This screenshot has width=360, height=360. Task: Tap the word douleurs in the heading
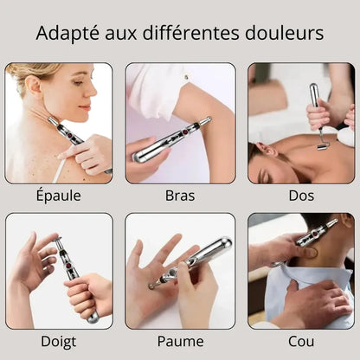284,33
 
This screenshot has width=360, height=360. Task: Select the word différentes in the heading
190,33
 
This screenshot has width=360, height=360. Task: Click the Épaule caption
59,196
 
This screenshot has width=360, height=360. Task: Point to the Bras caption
180,196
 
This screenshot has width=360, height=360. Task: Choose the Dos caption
301,196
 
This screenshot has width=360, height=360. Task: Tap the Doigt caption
59,342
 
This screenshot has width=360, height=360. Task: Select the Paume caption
181,342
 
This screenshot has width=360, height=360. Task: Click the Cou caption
301,342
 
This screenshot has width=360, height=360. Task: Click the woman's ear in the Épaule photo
35,86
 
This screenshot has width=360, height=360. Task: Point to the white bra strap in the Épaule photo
59,172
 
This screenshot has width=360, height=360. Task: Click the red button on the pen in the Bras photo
185,132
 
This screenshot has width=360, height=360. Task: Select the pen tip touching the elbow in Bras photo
209,119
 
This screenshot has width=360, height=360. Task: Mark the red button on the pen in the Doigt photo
68,265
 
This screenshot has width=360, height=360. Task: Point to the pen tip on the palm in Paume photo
151,286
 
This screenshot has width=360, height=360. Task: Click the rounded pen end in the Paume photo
227,243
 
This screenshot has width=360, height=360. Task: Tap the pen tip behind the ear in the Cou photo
336,222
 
